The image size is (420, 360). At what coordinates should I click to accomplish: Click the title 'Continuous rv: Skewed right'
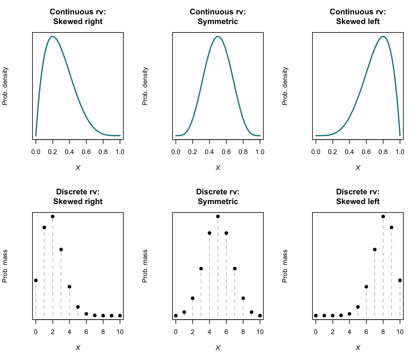pos(78,17)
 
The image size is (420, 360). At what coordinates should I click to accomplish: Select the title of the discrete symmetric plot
pos(218,197)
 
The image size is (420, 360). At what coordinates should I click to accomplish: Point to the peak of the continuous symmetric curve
pos(218,36)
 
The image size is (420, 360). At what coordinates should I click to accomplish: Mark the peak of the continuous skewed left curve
pos(383,36)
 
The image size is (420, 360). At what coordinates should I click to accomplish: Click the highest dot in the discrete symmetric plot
pos(218,216)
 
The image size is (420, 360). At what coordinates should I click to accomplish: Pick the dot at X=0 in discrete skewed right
pos(36,280)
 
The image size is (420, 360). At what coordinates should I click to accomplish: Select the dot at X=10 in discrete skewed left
pos(400,280)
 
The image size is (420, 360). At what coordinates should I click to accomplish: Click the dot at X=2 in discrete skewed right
pos(52,216)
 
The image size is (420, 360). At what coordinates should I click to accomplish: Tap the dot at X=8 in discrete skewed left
pos(383,216)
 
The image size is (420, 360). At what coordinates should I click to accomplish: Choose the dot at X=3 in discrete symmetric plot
pos(201,268)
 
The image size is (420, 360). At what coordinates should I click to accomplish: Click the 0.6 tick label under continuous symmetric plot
pos(226,152)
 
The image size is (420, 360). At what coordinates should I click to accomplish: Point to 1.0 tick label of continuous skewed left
pos(400,152)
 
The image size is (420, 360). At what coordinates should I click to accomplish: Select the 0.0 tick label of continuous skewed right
pos(36,152)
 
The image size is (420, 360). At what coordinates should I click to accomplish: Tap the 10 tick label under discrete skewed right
pos(120,332)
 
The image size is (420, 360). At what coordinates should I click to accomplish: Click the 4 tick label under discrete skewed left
pos(349,332)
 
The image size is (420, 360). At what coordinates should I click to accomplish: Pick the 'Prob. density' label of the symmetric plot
pos(145,86)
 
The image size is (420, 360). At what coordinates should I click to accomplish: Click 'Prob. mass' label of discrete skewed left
pos(285,266)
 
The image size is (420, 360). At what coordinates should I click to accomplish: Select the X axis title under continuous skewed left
pos(358,168)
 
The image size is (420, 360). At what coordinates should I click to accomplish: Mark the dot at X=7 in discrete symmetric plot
pos(235,268)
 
